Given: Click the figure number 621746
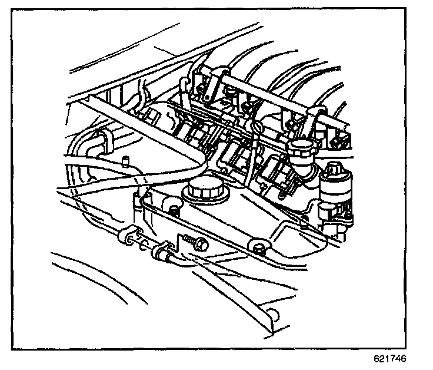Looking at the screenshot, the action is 389,358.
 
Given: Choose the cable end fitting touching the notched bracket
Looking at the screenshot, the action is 160,253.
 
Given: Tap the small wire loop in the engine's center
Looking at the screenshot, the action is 254,128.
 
